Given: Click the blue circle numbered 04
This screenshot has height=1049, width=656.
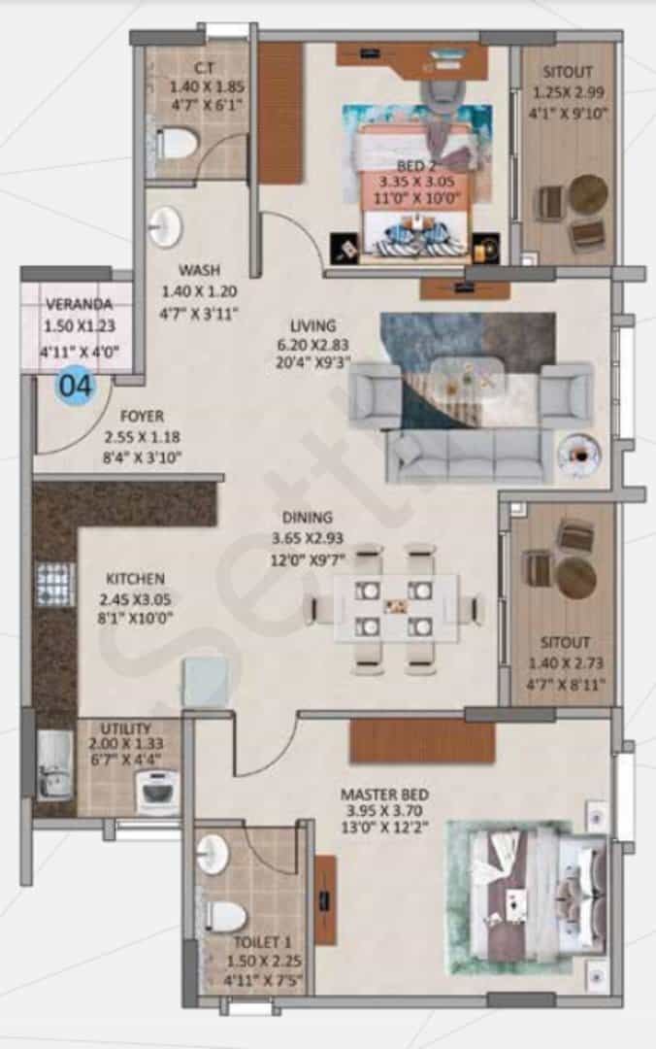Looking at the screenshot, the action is pos(76,386).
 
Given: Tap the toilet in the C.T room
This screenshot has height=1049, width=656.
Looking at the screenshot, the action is pos(176,143).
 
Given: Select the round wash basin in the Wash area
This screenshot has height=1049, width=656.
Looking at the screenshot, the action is pos(165,225).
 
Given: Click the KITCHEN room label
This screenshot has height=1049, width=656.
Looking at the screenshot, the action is pos(135,578).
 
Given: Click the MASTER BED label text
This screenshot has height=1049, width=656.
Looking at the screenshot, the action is pos(384,795).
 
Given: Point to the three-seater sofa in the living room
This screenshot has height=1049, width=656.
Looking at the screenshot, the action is pos(468,455).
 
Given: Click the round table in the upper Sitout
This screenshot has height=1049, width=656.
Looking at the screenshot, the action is pos(588,194).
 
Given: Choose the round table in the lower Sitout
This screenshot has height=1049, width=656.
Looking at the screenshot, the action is pos(576,577).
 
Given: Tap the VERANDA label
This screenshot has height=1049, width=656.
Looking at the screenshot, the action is pos(79,304).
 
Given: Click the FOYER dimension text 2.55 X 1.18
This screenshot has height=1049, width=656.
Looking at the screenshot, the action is pos(143,437).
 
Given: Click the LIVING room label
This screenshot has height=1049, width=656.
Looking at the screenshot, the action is pos(312,325).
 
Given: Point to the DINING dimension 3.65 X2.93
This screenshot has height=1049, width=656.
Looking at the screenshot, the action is pos(307,538).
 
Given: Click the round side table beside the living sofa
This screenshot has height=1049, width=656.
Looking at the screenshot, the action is pos(579,455).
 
